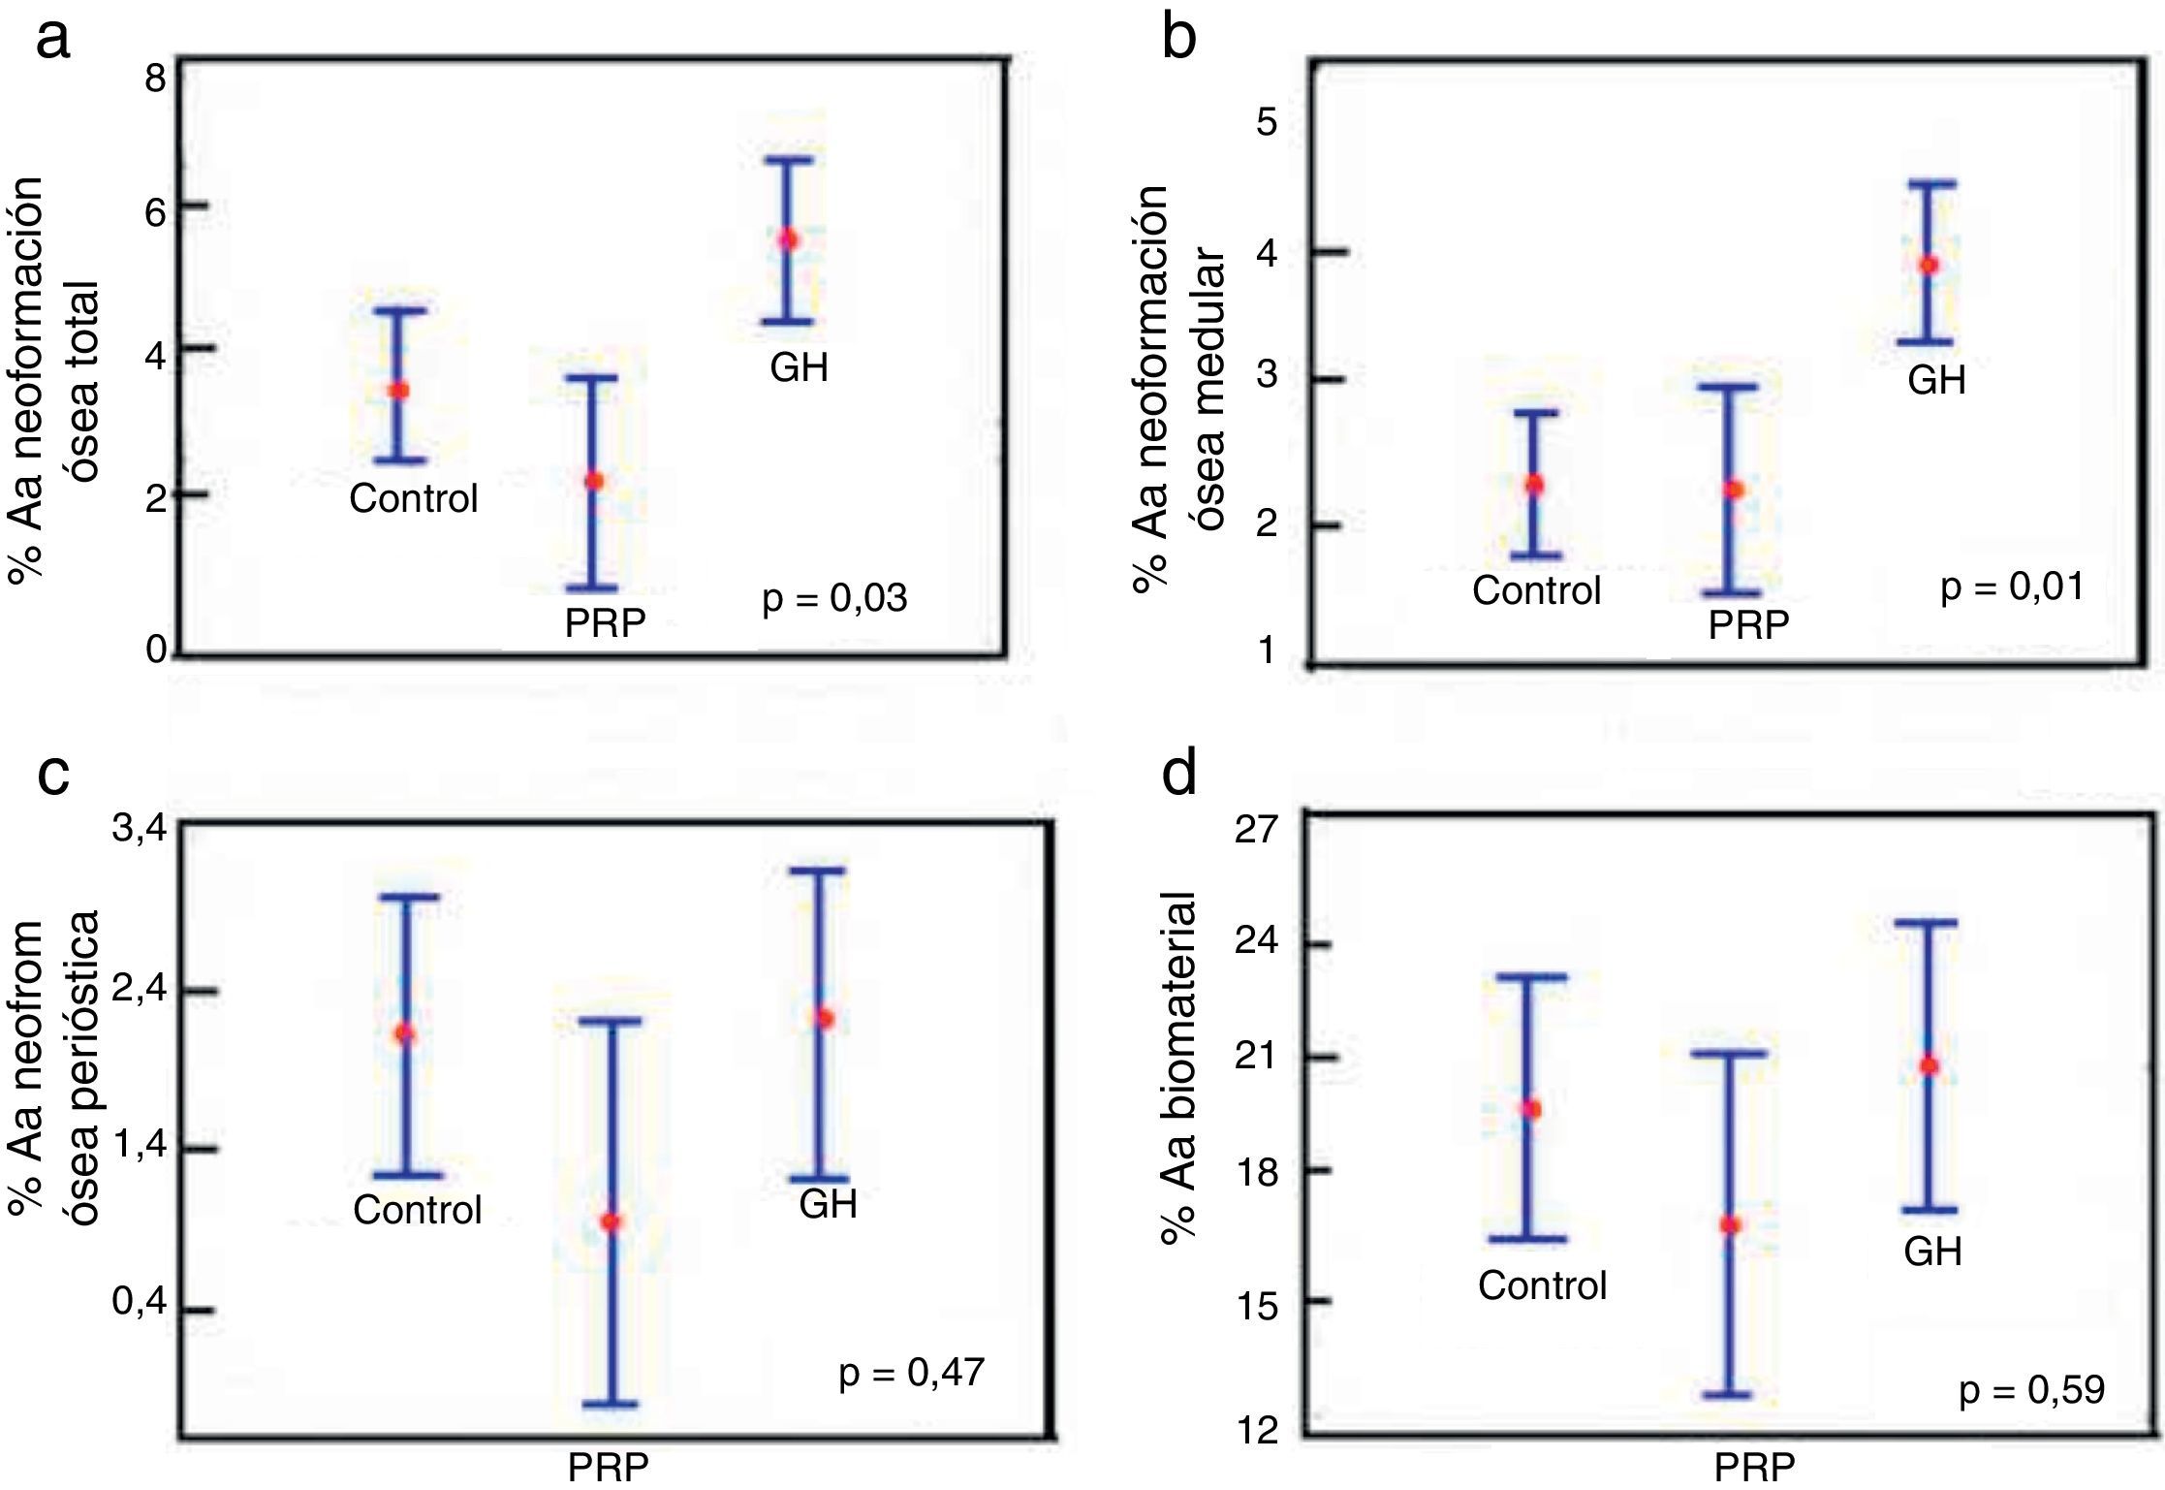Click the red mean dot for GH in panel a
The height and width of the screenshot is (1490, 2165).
tap(789, 239)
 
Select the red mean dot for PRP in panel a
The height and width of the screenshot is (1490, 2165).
tap(594, 481)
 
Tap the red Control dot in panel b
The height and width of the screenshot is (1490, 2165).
tap(1534, 484)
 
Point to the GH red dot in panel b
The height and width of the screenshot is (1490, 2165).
tap(1929, 265)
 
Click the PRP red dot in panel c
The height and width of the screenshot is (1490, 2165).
tap(611, 1221)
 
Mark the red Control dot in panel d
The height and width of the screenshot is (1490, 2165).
tap(1531, 1109)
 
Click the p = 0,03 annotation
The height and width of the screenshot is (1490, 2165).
tap(834, 598)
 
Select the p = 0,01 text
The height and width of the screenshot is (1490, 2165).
tap(2012, 586)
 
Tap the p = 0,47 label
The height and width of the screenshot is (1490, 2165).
tap(911, 1372)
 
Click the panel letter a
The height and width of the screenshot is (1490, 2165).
tap(53, 39)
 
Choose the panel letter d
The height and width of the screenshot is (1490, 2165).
tap(1179, 773)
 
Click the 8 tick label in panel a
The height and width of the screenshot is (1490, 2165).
tap(155, 78)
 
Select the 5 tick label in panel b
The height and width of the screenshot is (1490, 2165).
tap(1267, 123)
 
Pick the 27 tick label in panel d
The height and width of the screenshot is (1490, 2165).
tap(1257, 831)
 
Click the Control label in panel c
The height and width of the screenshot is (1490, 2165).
tap(417, 1210)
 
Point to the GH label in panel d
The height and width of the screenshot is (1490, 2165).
tap(1932, 1252)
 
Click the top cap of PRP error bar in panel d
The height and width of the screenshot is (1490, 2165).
tap(1730, 1054)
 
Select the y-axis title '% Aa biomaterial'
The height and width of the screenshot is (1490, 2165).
tap(1179, 1067)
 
